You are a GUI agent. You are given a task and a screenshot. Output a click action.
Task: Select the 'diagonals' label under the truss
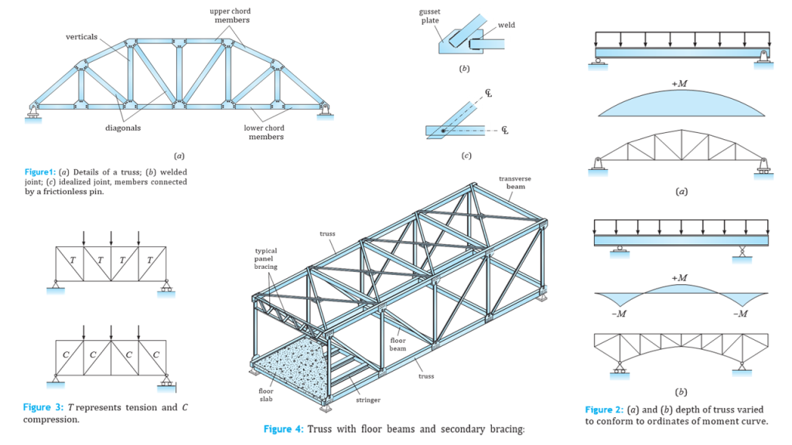point(123,128)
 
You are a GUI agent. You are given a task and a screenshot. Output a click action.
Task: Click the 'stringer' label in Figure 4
point(368,401)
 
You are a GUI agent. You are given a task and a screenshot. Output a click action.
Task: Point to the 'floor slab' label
point(265,396)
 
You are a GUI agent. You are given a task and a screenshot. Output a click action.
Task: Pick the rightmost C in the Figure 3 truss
point(155,355)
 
